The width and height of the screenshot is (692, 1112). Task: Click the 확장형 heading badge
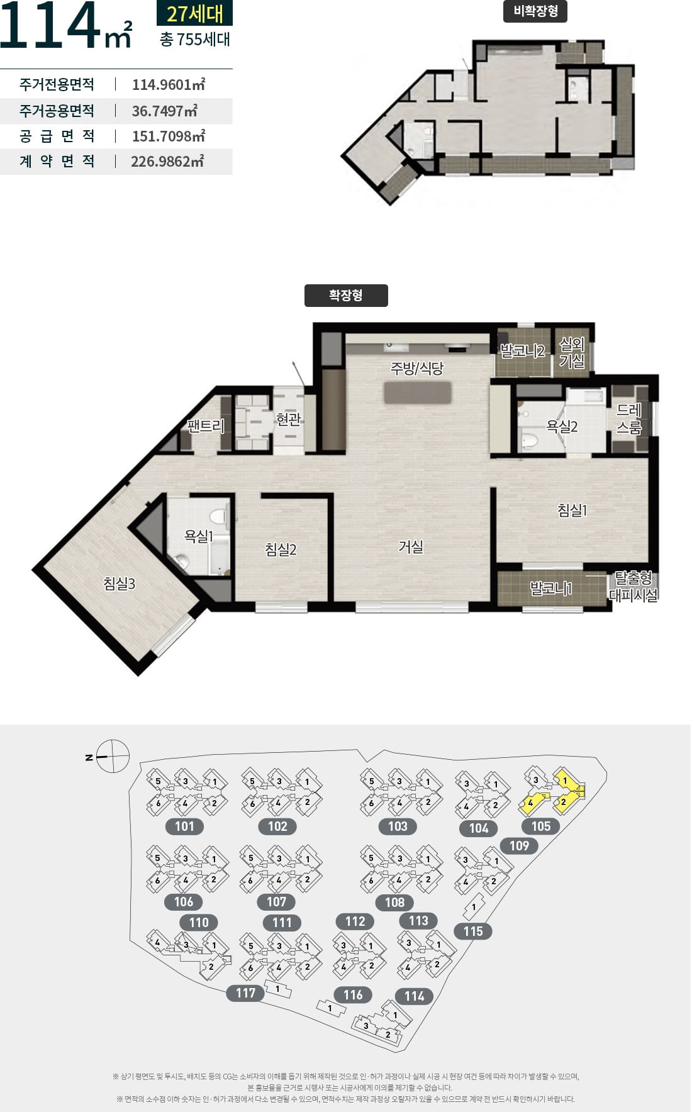(346, 296)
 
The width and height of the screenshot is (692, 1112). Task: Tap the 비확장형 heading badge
(535, 11)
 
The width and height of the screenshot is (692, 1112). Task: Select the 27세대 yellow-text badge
(194, 13)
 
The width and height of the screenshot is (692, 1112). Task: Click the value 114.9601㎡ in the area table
(169, 84)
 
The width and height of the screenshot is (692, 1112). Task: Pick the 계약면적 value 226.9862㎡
(167, 162)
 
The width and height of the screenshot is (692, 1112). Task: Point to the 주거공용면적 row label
(57, 111)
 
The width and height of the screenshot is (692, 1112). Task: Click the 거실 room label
(411, 547)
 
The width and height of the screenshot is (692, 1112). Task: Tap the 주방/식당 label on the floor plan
(417, 369)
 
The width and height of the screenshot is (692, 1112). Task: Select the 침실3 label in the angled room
(120, 584)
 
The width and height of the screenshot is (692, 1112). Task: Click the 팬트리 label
(206, 426)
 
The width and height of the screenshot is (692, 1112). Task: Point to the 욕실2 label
(562, 426)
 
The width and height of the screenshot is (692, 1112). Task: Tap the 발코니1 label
(551, 589)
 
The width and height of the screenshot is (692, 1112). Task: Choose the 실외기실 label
(572, 353)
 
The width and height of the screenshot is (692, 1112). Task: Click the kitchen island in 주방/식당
(418, 393)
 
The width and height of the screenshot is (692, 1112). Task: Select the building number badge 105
(541, 826)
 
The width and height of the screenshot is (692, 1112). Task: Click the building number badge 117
(245, 992)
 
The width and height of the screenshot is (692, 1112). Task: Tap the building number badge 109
(519, 845)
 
